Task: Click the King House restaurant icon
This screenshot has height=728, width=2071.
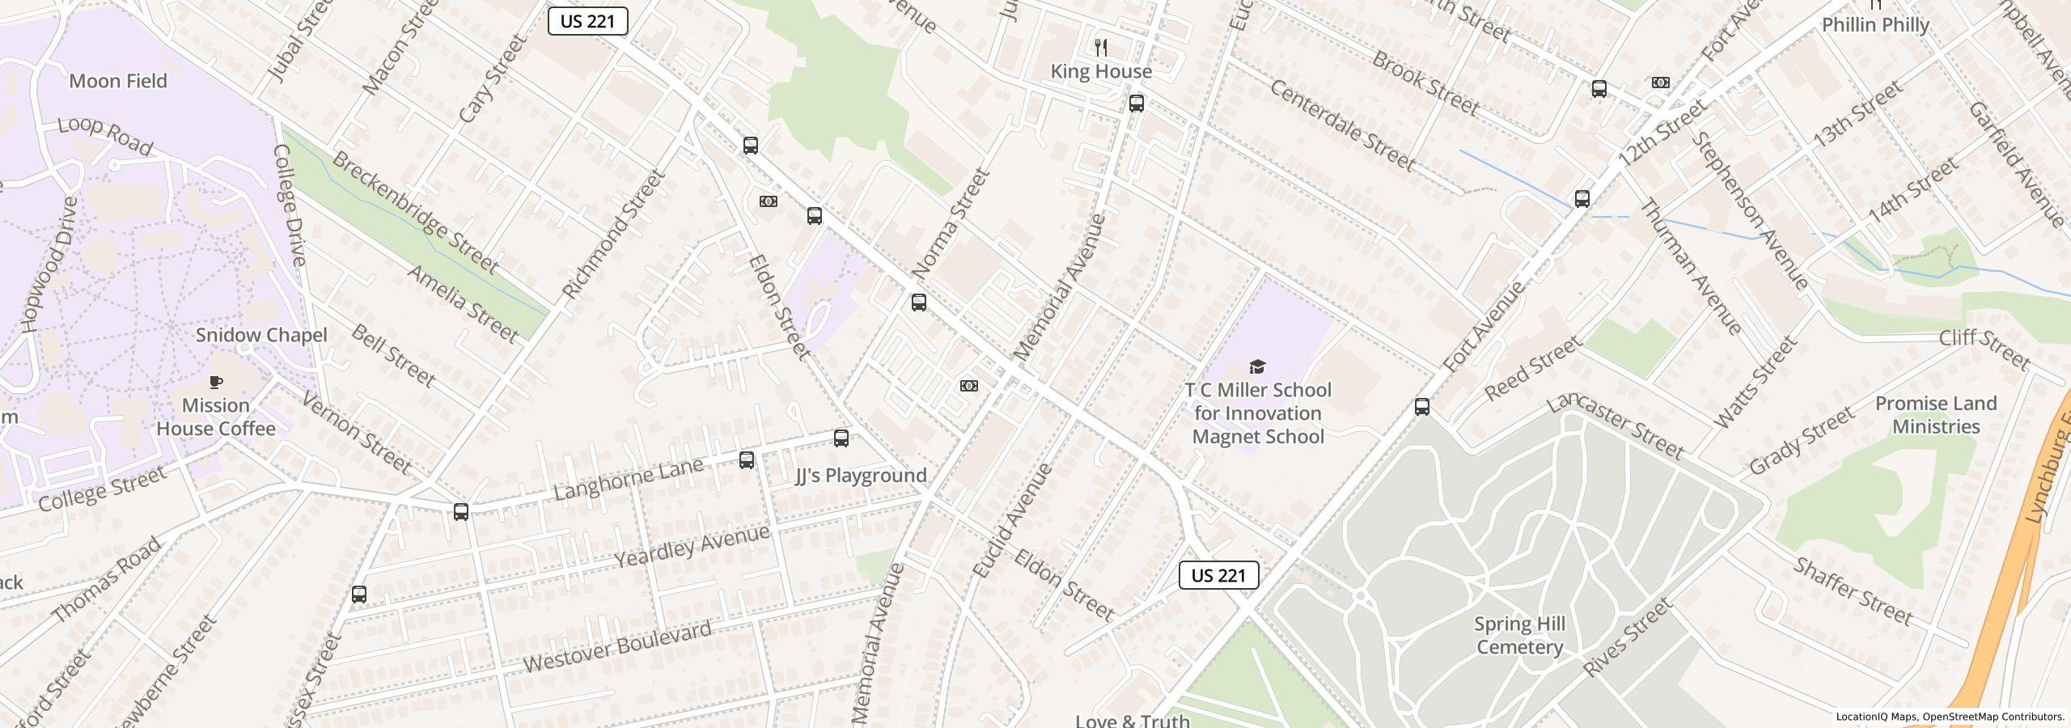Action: tap(1100, 47)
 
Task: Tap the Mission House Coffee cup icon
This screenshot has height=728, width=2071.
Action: tap(216, 382)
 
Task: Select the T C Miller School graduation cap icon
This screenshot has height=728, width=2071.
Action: tap(1257, 367)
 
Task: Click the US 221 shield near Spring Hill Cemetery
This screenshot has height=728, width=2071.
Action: tap(1218, 575)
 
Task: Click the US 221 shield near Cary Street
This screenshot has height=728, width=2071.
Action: tap(587, 21)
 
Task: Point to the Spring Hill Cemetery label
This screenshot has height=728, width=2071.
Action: tap(1519, 635)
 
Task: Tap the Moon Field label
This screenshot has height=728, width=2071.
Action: tap(118, 81)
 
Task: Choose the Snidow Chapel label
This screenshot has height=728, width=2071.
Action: tap(261, 335)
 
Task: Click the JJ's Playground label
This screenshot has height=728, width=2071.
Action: tap(861, 476)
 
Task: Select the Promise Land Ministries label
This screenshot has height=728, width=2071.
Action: tap(1936, 414)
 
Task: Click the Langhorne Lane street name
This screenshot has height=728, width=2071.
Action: tap(628, 479)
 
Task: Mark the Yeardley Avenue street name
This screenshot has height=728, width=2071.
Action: tap(692, 546)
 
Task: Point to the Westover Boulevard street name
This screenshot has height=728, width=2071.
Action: tap(618, 646)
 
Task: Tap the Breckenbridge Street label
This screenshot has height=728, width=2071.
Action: tap(415, 212)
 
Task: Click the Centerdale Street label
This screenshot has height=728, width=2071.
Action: tap(1342, 125)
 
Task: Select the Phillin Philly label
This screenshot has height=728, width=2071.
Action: tap(1875, 25)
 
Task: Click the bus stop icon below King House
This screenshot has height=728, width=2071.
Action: tap(1137, 103)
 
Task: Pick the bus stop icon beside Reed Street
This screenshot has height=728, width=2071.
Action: tap(1422, 406)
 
